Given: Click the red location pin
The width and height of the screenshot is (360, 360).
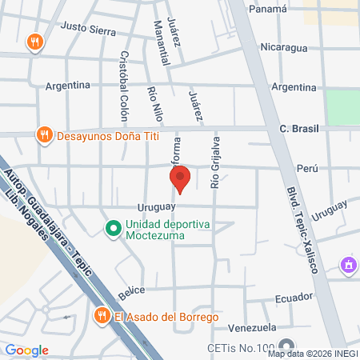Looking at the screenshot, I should (179, 178).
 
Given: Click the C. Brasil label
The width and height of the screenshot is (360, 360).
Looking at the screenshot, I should (298, 129).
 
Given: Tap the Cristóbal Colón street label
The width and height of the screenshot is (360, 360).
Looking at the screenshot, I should (124, 87).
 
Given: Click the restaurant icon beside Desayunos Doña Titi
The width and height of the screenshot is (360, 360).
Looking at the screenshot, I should (45, 136).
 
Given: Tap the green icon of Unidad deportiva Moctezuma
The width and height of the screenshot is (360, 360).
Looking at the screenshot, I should (113, 230).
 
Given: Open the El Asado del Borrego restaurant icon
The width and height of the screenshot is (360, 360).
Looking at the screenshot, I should (101, 317).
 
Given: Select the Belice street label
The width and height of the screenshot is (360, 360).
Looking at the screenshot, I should (134, 293).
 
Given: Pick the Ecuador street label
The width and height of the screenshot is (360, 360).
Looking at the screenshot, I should (292, 297).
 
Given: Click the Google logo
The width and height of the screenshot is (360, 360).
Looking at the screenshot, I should (26, 350).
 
